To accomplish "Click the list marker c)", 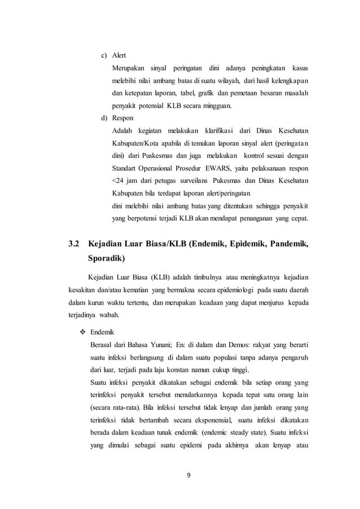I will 104,56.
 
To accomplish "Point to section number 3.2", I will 74,244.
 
